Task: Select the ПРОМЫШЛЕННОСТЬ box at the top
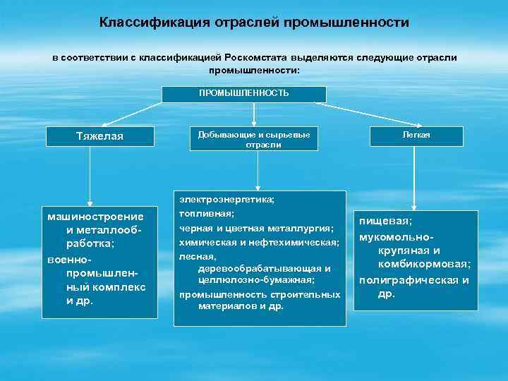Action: pos(244,94)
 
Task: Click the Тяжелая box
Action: pos(99,137)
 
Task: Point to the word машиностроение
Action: pos(91,216)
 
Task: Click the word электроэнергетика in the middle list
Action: pos(226,200)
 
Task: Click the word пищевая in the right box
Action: pos(386,221)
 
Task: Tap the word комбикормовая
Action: pos(424,264)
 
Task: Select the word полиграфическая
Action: pos(406,279)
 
